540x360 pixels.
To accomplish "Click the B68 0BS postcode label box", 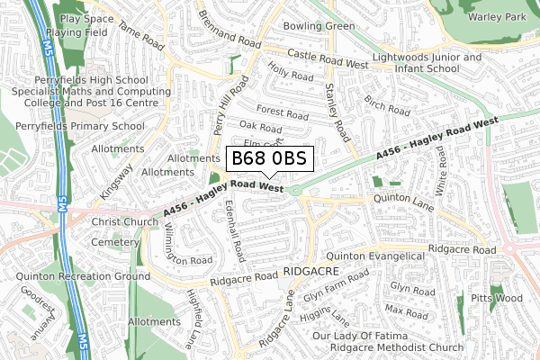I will (268, 159).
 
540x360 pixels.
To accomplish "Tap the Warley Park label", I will (497, 17).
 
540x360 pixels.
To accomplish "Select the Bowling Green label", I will (319, 26).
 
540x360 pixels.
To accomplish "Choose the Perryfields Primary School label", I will (79, 126).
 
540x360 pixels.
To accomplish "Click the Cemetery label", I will (117, 242).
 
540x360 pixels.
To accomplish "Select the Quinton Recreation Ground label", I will (83, 276).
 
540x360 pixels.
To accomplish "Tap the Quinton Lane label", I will (404, 200).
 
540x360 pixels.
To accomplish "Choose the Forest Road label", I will (282, 113).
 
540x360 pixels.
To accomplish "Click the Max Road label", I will (405, 312).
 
